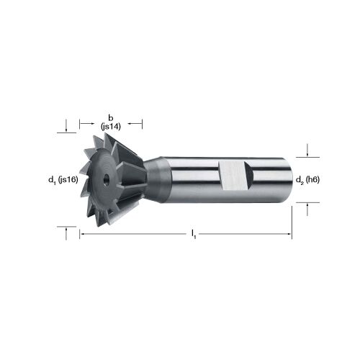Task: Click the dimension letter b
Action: click(x=111, y=118)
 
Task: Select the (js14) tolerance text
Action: click(x=111, y=127)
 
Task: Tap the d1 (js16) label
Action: click(x=63, y=180)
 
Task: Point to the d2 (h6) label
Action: click(x=307, y=180)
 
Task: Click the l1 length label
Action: click(x=194, y=234)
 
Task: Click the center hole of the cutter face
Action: click(x=106, y=179)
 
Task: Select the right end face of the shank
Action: click(x=288, y=180)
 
